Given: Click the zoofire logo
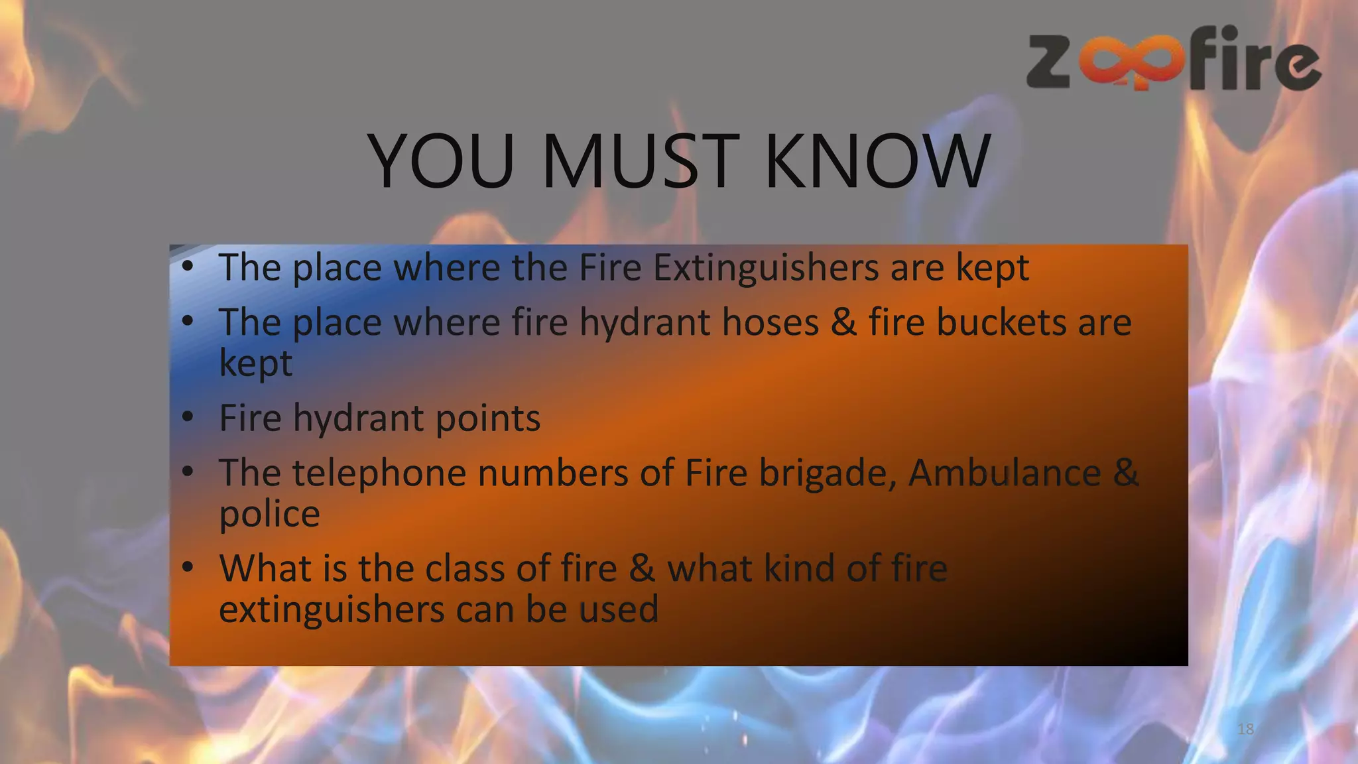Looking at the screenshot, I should (1174, 60).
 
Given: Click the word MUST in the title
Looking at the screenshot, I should (640, 161).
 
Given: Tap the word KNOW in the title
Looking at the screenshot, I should (877, 161).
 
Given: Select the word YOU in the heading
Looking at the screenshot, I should (441, 161).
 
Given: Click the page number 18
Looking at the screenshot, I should (1245, 730).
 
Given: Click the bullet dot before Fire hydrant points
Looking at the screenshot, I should (188, 417).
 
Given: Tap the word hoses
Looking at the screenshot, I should (771, 323).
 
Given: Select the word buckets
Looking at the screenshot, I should (1001, 323).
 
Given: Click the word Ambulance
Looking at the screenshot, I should (1004, 474).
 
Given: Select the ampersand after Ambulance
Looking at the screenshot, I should (1126, 474).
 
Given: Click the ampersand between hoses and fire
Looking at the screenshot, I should (843, 323).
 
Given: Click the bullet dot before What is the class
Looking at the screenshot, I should (188, 568).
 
